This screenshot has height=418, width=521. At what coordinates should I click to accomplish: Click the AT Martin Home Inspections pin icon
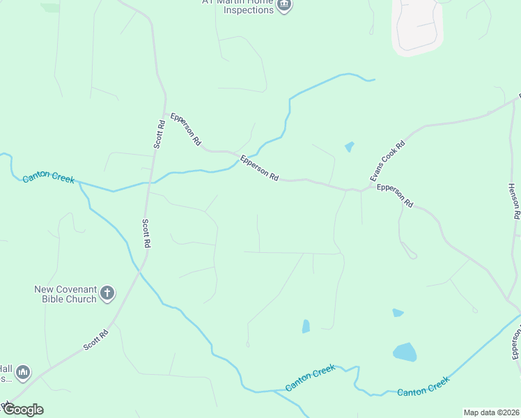[x=283, y=6]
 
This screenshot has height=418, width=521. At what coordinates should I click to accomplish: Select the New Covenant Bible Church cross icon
[x=107, y=293]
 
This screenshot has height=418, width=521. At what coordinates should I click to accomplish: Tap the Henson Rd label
[x=514, y=201]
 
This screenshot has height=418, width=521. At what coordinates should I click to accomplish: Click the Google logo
[x=22, y=409]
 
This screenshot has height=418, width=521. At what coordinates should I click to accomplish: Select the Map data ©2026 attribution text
[x=490, y=412]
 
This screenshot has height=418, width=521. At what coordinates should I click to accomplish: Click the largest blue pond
[x=405, y=352]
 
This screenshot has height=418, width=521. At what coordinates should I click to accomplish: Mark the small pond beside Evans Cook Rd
[x=349, y=147]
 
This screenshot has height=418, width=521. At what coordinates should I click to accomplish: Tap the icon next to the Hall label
[x=23, y=373]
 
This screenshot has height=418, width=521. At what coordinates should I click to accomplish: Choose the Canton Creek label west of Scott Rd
[x=48, y=177]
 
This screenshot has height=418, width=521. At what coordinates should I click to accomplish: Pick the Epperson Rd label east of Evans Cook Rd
[x=395, y=196]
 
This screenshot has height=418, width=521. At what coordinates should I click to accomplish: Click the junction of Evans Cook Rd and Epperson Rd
[x=361, y=189]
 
